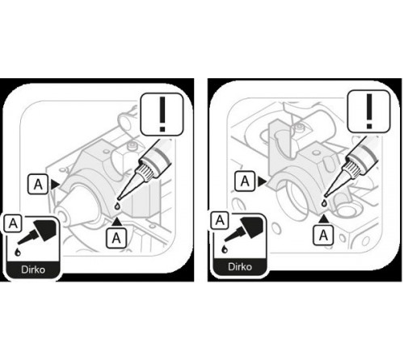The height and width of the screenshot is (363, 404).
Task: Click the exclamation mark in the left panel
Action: point(162,115)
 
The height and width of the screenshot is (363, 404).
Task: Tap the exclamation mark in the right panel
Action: point(369,111)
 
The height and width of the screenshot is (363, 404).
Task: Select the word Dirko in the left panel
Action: point(33,269)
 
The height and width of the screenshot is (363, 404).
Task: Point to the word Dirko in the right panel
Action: point(240,267)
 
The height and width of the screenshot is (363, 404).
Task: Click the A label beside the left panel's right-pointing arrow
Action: point(38,184)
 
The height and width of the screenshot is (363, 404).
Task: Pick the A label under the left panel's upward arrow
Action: point(116,238)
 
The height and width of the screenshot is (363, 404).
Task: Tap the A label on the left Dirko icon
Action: point(13,223)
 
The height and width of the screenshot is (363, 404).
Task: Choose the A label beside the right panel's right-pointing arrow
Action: point(245,181)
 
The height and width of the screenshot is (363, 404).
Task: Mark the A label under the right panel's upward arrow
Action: point(323,236)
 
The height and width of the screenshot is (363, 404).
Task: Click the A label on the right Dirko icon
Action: point(220,220)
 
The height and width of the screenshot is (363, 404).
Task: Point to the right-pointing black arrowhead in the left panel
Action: point(55,185)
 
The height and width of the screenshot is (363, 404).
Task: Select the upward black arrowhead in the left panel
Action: point(116,221)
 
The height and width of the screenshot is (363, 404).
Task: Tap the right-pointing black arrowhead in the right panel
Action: point(262,181)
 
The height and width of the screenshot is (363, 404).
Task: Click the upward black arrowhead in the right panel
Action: point(324,219)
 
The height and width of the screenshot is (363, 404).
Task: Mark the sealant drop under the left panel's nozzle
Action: point(117,207)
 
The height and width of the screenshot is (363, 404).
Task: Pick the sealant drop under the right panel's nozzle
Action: point(325,203)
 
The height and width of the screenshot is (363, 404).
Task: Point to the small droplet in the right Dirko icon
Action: point(225,249)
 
